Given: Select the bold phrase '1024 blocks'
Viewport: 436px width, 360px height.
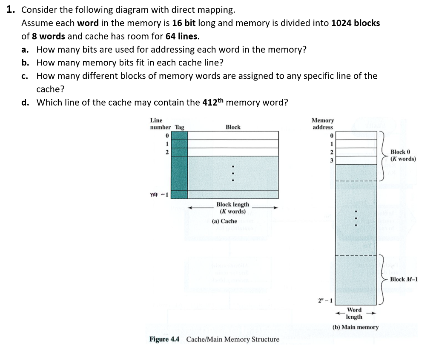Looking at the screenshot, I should coord(356,23).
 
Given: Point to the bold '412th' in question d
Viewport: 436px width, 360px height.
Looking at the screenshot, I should coord(213,102).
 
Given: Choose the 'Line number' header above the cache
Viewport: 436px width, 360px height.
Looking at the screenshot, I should coord(161,124).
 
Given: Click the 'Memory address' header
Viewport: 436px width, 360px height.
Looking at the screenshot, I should coord(322,124).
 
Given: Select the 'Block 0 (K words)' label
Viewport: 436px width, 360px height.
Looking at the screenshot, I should coord(403,155).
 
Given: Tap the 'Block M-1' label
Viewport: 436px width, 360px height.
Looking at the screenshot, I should coord(404,279).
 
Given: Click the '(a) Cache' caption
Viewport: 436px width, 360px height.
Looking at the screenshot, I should coord(224,221).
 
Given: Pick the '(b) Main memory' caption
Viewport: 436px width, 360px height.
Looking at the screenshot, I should coord(356,327).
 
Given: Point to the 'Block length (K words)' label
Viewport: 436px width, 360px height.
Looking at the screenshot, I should coord(232,208).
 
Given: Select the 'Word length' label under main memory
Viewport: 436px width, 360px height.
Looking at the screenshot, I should coord(354,313).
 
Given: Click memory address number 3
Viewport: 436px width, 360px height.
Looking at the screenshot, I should coord(332,159).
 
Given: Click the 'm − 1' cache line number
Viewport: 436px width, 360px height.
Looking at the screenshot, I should coord(160,195).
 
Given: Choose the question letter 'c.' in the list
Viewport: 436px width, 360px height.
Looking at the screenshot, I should coord(25,76).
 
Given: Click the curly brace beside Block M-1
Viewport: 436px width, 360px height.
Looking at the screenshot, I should coord(384,279).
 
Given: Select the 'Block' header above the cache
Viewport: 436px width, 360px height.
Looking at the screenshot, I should coord(233,127).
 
